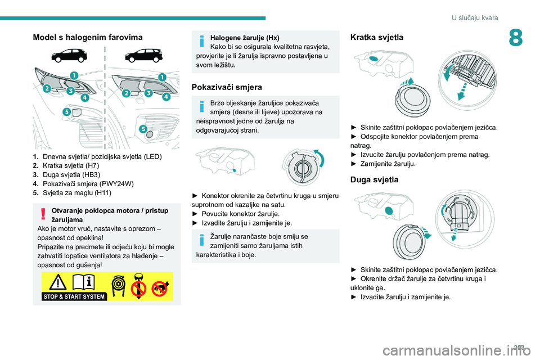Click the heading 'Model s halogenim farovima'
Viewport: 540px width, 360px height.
88,37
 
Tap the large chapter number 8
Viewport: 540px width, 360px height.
516,38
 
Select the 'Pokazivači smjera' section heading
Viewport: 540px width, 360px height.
227,87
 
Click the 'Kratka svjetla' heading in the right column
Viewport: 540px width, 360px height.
376,37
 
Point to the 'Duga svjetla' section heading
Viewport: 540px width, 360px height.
374,179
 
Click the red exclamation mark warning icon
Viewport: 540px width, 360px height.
43,214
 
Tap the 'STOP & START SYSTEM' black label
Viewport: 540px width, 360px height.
74,296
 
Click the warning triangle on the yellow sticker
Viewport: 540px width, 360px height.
57,282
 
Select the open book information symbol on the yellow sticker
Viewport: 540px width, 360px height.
83,282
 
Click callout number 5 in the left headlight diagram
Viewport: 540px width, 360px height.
66,111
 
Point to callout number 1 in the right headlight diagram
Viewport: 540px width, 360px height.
162,77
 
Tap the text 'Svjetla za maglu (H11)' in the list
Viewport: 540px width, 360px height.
77,192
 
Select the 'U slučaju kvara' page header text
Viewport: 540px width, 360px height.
475,17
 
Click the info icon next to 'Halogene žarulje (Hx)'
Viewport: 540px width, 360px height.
202,40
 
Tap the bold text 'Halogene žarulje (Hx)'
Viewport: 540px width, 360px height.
245,38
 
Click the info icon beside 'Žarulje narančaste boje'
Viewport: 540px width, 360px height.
202,240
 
